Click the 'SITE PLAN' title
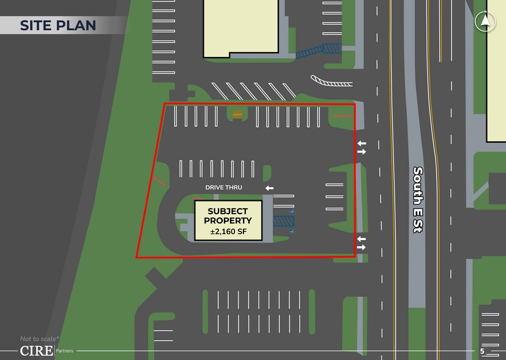[x=58, y=25]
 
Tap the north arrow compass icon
[x=485, y=21]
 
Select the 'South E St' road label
[x=418, y=200]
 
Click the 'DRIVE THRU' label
[x=224, y=187]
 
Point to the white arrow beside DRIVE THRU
[x=269, y=188]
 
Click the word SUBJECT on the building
[x=228, y=211]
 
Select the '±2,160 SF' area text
[x=228, y=231]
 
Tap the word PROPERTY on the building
[x=228, y=221]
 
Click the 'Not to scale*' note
[x=39, y=339]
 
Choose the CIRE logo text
[x=35, y=351]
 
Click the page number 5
[x=482, y=351]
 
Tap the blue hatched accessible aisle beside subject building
[x=283, y=220]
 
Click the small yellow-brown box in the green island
[x=237, y=114]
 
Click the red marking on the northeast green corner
[x=341, y=116]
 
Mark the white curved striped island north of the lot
[x=331, y=81]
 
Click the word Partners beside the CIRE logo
[x=65, y=351]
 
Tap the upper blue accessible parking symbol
[x=292, y=211]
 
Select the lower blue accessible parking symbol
[x=292, y=231]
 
